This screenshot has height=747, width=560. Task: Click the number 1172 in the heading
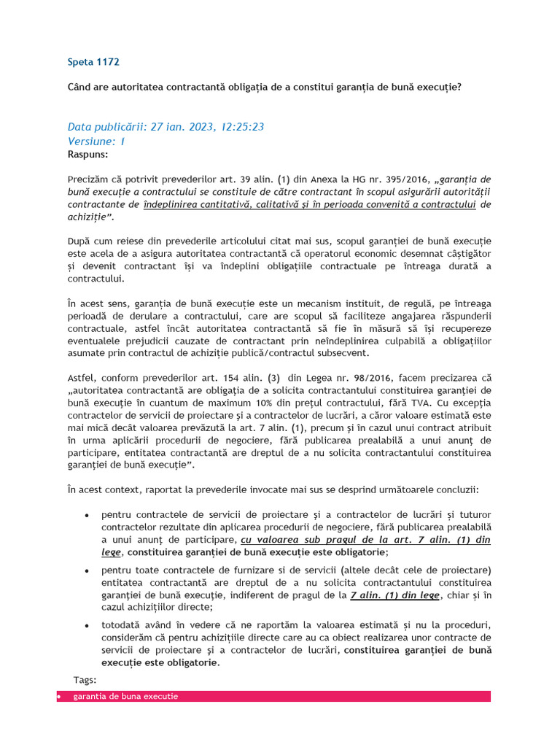click(x=106, y=62)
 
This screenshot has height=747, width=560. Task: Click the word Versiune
click(x=90, y=141)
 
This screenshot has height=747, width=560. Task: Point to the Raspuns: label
click(x=87, y=155)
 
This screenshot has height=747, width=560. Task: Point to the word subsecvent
click(x=343, y=353)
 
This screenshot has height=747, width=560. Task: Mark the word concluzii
click(x=459, y=489)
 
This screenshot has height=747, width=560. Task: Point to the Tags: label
click(x=85, y=680)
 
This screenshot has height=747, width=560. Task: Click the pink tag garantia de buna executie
click(x=125, y=697)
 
